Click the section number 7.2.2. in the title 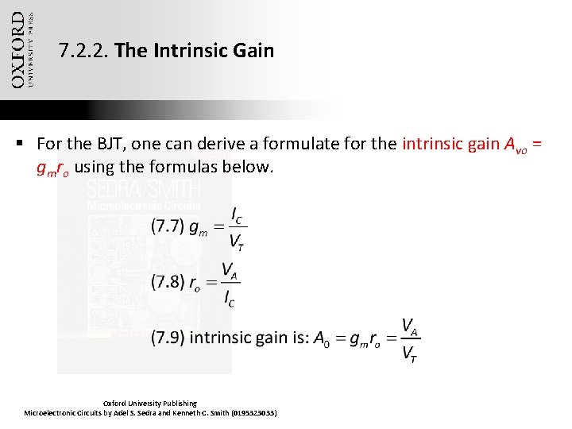84,52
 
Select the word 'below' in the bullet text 248,168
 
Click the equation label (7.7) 168,226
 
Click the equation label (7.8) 168,281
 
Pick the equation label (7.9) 168,338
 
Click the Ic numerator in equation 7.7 237,214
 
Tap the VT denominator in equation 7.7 237,241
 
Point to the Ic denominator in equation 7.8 230,298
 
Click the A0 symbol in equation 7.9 321,339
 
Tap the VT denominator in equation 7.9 410,352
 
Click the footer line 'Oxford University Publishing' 150,404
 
